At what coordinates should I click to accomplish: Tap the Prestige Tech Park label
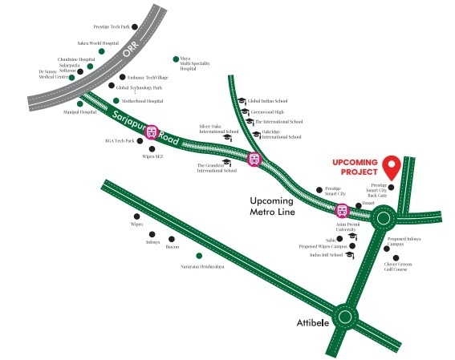[x=112, y=26]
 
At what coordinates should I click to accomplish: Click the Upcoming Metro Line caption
[x=273, y=207]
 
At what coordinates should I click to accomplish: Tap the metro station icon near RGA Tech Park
[x=150, y=133]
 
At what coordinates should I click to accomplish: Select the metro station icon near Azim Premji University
[x=342, y=212]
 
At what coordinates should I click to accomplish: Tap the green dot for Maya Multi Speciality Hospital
[x=176, y=59]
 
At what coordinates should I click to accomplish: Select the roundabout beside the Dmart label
[x=383, y=216]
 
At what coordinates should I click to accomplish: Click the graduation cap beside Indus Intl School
[x=349, y=255]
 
